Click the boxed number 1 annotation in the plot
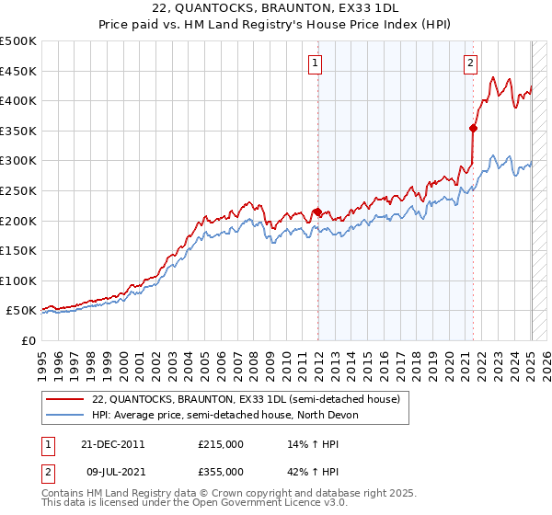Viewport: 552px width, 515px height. click(x=315, y=63)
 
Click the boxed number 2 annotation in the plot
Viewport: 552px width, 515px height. click(x=470, y=63)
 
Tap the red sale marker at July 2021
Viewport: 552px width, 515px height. click(x=473, y=128)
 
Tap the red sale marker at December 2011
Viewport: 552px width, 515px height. click(x=317, y=212)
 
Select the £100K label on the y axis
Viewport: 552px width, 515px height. click(x=18, y=280)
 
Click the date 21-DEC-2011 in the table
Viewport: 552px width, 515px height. click(x=111, y=443)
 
